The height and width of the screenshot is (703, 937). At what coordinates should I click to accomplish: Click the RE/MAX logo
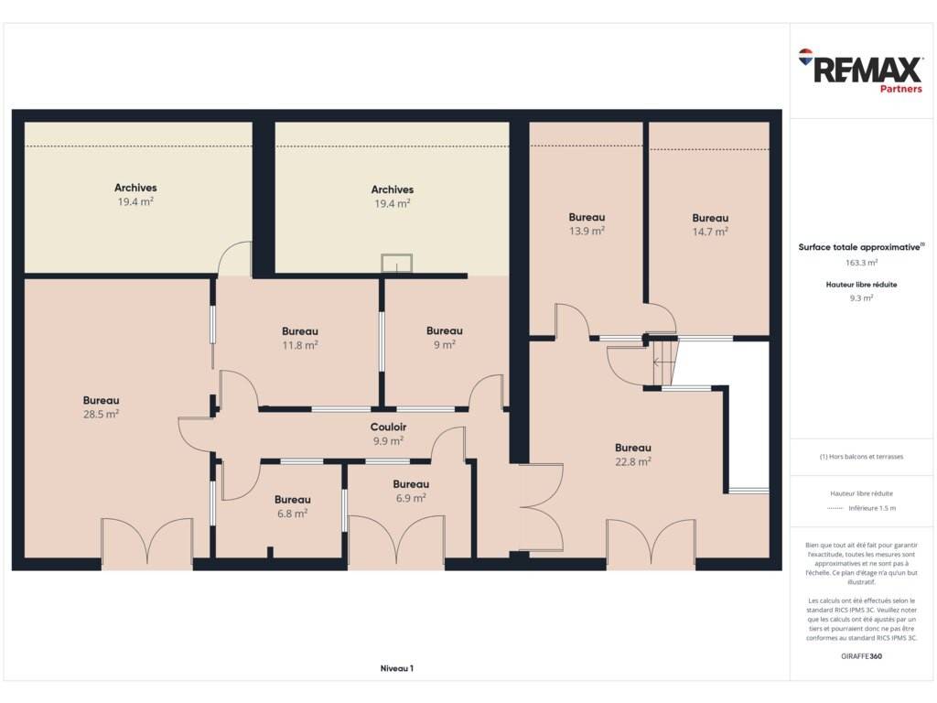(x=860, y=70)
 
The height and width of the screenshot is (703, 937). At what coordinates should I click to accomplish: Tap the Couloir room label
(x=388, y=427)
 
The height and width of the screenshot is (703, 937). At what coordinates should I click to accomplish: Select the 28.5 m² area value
(x=101, y=414)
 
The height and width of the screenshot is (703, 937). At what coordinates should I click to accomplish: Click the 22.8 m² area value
(x=633, y=461)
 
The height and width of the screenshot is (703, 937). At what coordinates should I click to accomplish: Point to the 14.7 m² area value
(x=710, y=232)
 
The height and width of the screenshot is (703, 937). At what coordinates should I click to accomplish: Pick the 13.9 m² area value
(x=587, y=231)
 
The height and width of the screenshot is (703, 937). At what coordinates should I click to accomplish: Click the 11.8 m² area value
(x=300, y=345)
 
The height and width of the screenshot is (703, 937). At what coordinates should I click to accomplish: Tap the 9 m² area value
(x=445, y=344)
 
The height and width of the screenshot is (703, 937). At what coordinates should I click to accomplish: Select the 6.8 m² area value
(x=292, y=513)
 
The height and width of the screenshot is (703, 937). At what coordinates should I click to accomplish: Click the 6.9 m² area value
(x=411, y=498)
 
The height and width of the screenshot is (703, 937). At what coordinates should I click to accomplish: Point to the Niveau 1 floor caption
(x=397, y=668)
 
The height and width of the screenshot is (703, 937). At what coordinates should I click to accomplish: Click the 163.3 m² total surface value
(x=861, y=263)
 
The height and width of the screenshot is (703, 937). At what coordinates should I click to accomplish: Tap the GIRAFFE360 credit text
(x=861, y=655)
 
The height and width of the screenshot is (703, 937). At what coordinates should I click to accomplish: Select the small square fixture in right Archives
(x=397, y=263)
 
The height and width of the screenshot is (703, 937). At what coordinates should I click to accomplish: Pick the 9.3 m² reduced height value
(x=861, y=297)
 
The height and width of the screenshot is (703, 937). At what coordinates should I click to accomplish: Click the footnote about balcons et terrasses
(x=861, y=457)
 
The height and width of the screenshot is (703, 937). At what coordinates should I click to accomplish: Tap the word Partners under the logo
(x=900, y=89)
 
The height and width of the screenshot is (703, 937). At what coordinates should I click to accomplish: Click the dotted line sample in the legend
(x=835, y=508)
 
